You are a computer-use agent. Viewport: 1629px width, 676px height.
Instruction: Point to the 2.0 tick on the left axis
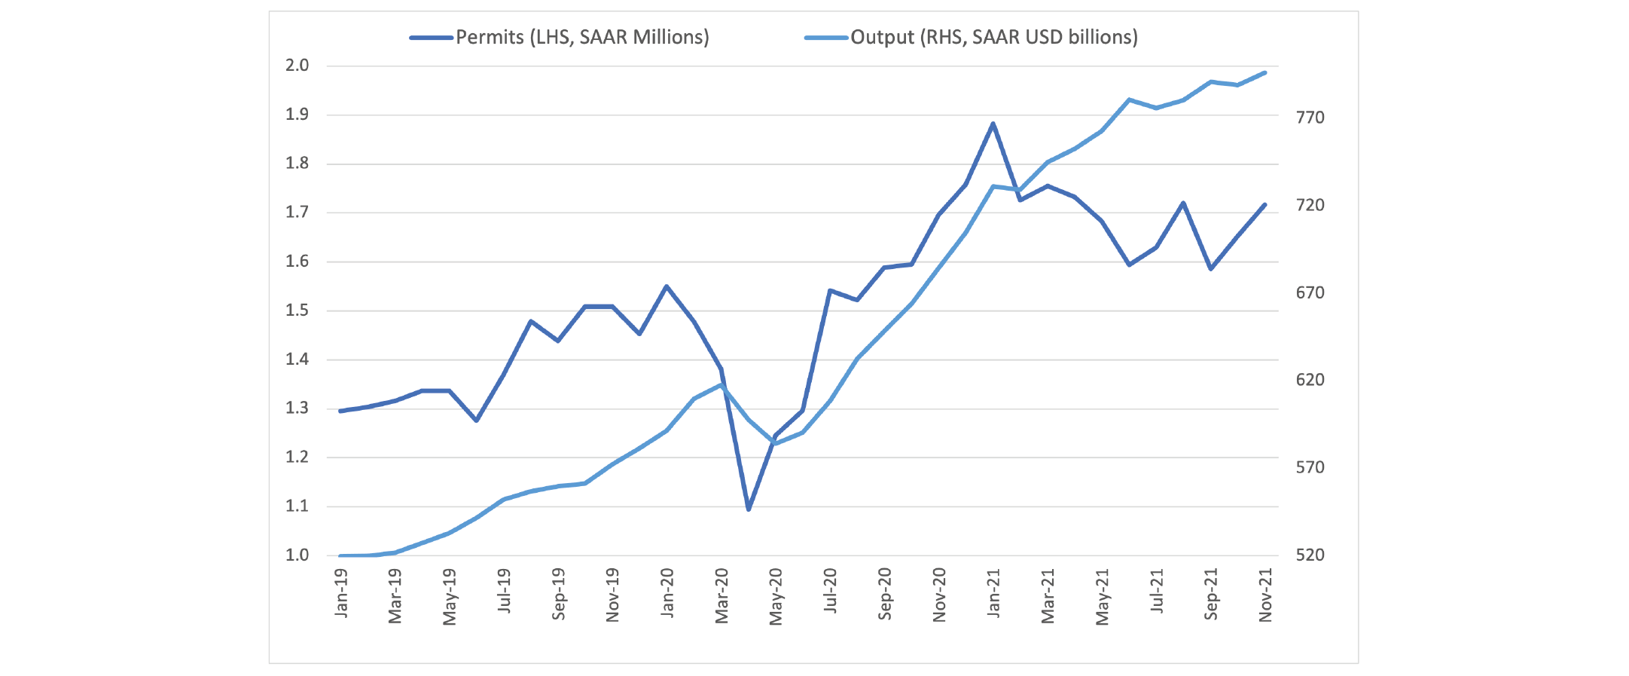click(297, 66)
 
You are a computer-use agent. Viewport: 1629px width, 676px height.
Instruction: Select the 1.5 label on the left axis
click(297, 310)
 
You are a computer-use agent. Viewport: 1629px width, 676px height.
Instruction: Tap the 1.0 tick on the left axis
click(297, 555)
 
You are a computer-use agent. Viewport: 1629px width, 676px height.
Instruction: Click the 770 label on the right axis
click(1310, 118)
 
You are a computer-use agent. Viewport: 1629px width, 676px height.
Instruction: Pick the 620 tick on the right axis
click(1310, 380)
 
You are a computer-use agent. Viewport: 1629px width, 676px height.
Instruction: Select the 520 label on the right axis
click(1310, 555)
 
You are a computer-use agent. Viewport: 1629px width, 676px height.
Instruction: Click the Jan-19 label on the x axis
click(341, 593)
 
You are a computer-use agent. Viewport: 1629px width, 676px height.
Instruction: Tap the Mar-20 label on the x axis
click(721, 596)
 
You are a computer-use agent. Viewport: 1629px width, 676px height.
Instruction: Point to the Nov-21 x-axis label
click(1265, 595)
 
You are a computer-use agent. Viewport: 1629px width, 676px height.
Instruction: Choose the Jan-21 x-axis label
click(993, 593)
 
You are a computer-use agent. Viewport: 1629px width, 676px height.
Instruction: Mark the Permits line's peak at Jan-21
click(993, 124)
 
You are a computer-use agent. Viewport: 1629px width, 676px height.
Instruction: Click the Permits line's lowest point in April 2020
click(749, 509)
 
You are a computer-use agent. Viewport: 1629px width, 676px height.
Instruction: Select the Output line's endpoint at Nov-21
click(1265, 72)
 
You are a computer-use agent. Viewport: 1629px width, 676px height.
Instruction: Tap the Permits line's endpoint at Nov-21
click(1265, 204)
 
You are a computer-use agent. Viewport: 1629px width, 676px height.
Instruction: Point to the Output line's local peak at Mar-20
click(721, 385)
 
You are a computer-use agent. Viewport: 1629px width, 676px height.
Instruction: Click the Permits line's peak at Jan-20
click(667, 286)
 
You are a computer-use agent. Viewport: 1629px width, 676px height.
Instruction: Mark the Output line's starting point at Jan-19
click(341, 555)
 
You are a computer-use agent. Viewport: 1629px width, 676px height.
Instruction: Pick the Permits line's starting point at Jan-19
click(341, 411)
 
